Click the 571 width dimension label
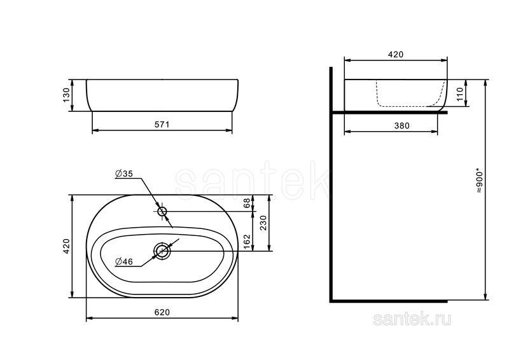click(162, 125)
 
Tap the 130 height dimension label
click(66, 95)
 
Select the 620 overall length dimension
click(162, 312)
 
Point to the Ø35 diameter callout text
click(124, 174)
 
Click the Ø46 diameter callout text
click(124, 261)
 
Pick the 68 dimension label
click(247, 203)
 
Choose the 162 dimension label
click(247, 242)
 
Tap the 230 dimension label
click(263, 223)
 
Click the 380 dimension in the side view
click(401, 126)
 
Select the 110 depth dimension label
click(460, 93)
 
